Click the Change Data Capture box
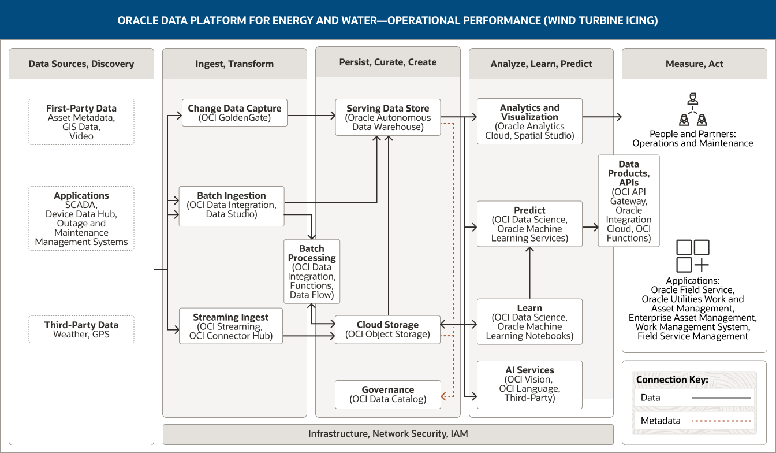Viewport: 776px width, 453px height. click(x=234, y=113)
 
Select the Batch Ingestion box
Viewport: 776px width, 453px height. click(x=231, y=206)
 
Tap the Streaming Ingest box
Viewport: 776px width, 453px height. click(x=230, y=326)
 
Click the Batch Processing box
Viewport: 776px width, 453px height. click(x=312, y=271)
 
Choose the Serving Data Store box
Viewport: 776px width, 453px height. click(x=387, y=117)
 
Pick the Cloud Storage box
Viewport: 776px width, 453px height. click(x=387, y=329)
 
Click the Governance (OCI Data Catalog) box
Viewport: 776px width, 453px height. click(x=387, y=394)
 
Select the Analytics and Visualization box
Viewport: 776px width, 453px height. click(x=529, y=121)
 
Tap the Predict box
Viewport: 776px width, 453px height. click(x=529, y=224)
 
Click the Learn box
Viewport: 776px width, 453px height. click(x=529, y=321)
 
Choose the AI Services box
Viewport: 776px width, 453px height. click(x=529, y=384)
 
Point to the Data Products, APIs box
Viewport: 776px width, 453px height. click(x=628, y=200)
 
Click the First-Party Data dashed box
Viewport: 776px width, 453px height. click(x=81, y=121)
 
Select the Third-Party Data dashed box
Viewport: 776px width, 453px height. click(x=81, y=329)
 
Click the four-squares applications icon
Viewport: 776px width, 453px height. click(x=692, y=256)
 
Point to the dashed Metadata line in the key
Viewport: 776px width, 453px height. click(x=721, y=421)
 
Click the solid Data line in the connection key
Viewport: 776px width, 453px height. click(x=721, y=398)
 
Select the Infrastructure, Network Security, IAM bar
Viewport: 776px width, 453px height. click(x=388, y=434)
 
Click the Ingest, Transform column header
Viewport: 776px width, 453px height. click(x=234, y=64)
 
